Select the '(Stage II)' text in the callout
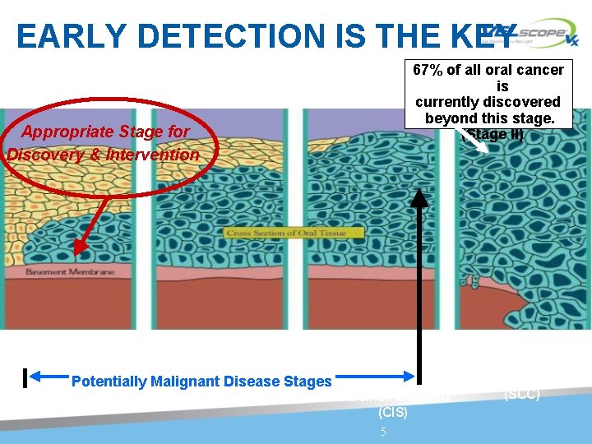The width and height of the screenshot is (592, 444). (493, 134)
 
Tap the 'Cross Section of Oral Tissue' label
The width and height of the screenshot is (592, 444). (286, 233)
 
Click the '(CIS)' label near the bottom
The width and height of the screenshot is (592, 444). (392, 411)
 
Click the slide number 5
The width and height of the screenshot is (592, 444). (382, 432)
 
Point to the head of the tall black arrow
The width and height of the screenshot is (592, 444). (423, 194)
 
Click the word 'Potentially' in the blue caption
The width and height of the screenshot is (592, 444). (105, 382)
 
